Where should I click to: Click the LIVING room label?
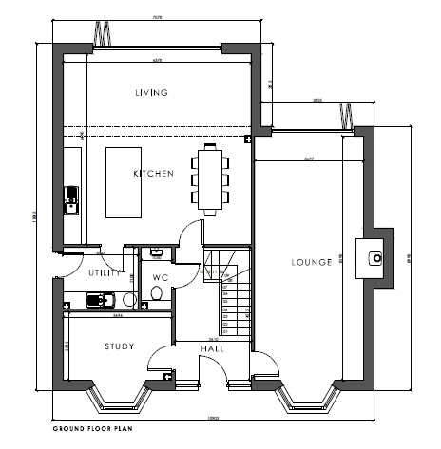coord(151,92)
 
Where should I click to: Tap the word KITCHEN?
coord(153,174)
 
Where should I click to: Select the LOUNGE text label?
coord(312,262)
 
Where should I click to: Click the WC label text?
coord(160,278)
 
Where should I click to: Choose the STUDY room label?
coord(119,346)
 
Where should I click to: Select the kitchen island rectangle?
coord(123,181)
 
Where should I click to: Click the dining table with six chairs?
coord(209,176)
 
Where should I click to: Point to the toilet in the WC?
coord(156,295)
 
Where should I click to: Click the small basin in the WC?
coord(157,252)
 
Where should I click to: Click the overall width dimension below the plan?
coord(215,417)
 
